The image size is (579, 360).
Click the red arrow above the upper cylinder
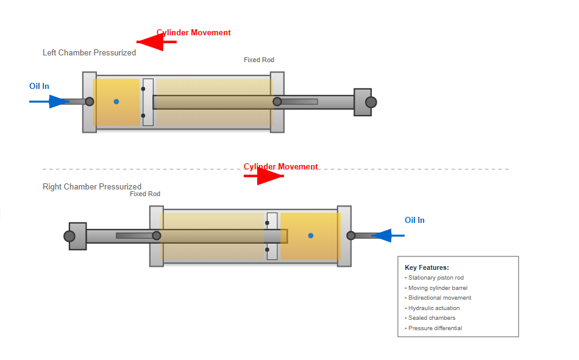156,42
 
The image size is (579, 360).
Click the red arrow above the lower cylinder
265,176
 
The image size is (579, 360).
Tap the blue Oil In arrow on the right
388,235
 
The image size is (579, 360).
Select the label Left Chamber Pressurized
89,53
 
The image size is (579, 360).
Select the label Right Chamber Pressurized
92,186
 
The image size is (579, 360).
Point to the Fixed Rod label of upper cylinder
259,60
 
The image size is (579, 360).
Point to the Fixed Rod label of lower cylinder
145,194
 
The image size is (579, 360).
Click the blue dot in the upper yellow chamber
116,102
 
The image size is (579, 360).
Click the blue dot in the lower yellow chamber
310,236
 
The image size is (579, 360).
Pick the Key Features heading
427,267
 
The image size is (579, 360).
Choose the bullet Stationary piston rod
435,278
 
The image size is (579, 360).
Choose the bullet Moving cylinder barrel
437,288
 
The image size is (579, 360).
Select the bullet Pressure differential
435,328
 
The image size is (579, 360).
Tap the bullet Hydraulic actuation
433,308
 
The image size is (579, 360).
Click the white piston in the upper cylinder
148,102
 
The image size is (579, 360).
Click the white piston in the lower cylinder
272,236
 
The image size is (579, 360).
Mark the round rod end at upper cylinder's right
371,102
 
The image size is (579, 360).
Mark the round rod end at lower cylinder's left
69,236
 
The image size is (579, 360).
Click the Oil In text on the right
414,220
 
